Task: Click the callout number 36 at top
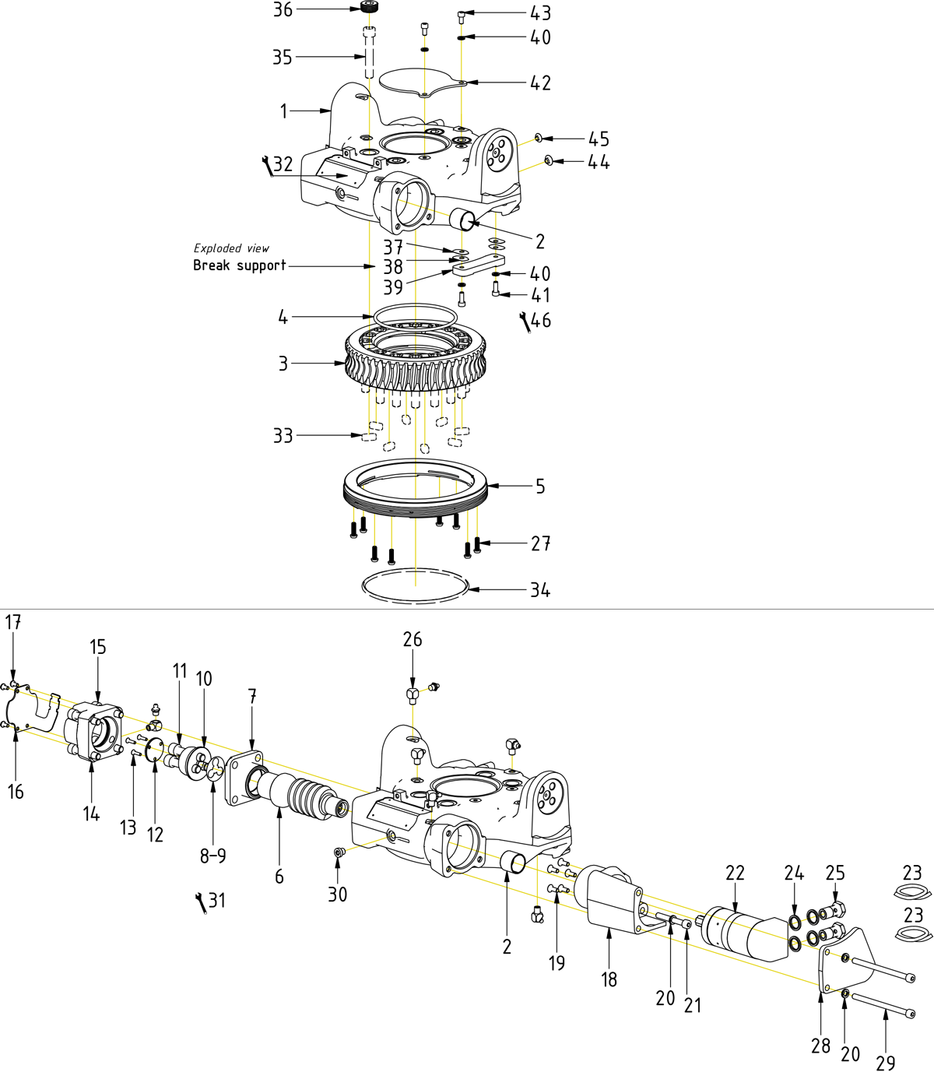[283, 10]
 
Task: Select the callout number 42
[540, 83]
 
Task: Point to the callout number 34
[540, 590]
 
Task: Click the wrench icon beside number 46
[525, 321]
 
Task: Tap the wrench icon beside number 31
[201, 902]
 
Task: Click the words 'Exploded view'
[231, 248]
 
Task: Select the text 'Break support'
[240, 265]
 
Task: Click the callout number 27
[540, 543]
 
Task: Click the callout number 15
[97, 647]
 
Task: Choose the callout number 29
[886, 1062]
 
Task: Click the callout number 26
[413, 640]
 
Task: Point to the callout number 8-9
[213, 856]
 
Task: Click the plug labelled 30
[338, 853]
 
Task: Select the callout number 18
[609, 979]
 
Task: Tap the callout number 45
[599, 139]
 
